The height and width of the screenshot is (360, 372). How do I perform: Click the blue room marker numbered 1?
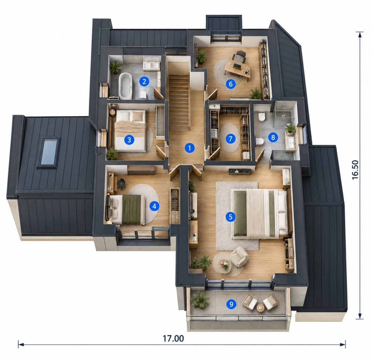click(x=189, y=148)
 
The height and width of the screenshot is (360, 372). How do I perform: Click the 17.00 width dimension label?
click(x=173, y=339)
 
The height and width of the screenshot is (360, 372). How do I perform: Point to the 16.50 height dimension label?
click(x=355, y=170)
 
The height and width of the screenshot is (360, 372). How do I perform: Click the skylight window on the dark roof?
click(x=49, y=152)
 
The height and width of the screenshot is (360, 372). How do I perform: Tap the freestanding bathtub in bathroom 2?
click(x=125, y=86)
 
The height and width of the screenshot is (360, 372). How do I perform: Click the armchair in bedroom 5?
click(x=239, y=256)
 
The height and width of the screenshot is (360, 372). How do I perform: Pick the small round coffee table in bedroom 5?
click(x=225, y=264)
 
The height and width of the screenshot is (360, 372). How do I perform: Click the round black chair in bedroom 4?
click(x=121, y=183)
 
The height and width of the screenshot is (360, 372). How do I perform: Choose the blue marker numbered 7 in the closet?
click(x=230, y=138)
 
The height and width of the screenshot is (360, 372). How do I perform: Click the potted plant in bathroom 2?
click(x=115, y=67)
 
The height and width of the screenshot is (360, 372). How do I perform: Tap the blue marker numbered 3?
click(x=129, y=140)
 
